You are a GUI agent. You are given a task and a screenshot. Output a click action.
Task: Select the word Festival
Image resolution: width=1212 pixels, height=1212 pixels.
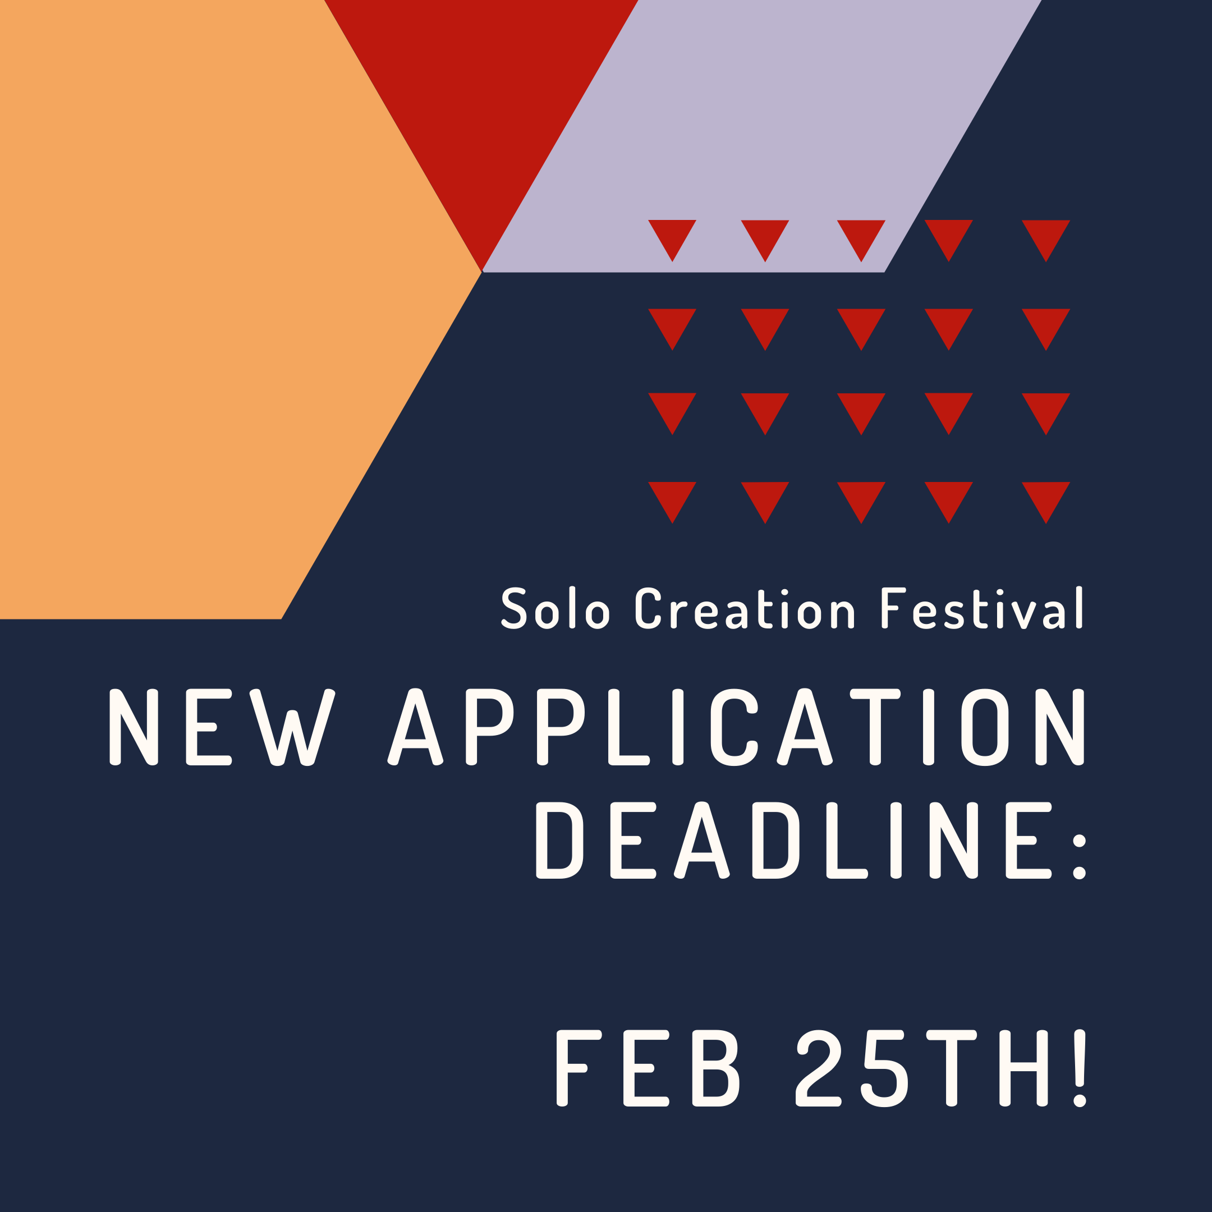(982, 607)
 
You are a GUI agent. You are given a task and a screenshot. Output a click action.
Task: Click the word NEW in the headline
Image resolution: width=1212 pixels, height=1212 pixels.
(222, 728)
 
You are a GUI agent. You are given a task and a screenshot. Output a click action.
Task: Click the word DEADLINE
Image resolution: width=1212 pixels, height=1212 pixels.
(793, 841)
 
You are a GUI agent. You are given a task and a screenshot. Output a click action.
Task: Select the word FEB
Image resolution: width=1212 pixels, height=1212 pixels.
(648, 1068)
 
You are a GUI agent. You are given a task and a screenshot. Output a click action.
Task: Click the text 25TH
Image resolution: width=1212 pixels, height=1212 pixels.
(922, 1068)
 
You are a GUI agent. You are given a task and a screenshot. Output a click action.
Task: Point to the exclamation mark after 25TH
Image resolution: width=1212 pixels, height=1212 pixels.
(1079, 1068)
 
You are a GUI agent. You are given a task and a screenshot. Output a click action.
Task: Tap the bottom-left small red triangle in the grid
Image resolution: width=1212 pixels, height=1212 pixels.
(672, 496)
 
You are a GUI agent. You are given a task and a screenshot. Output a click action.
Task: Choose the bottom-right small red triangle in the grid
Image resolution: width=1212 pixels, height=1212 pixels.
(1046, 496)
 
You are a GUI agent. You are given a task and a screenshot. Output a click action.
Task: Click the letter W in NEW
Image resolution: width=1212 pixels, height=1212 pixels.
(292, 728)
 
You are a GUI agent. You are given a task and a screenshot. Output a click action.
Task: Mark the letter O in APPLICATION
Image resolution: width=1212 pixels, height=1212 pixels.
(985, 728)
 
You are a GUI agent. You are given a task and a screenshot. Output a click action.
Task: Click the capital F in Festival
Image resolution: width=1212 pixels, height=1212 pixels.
(893, 608)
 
